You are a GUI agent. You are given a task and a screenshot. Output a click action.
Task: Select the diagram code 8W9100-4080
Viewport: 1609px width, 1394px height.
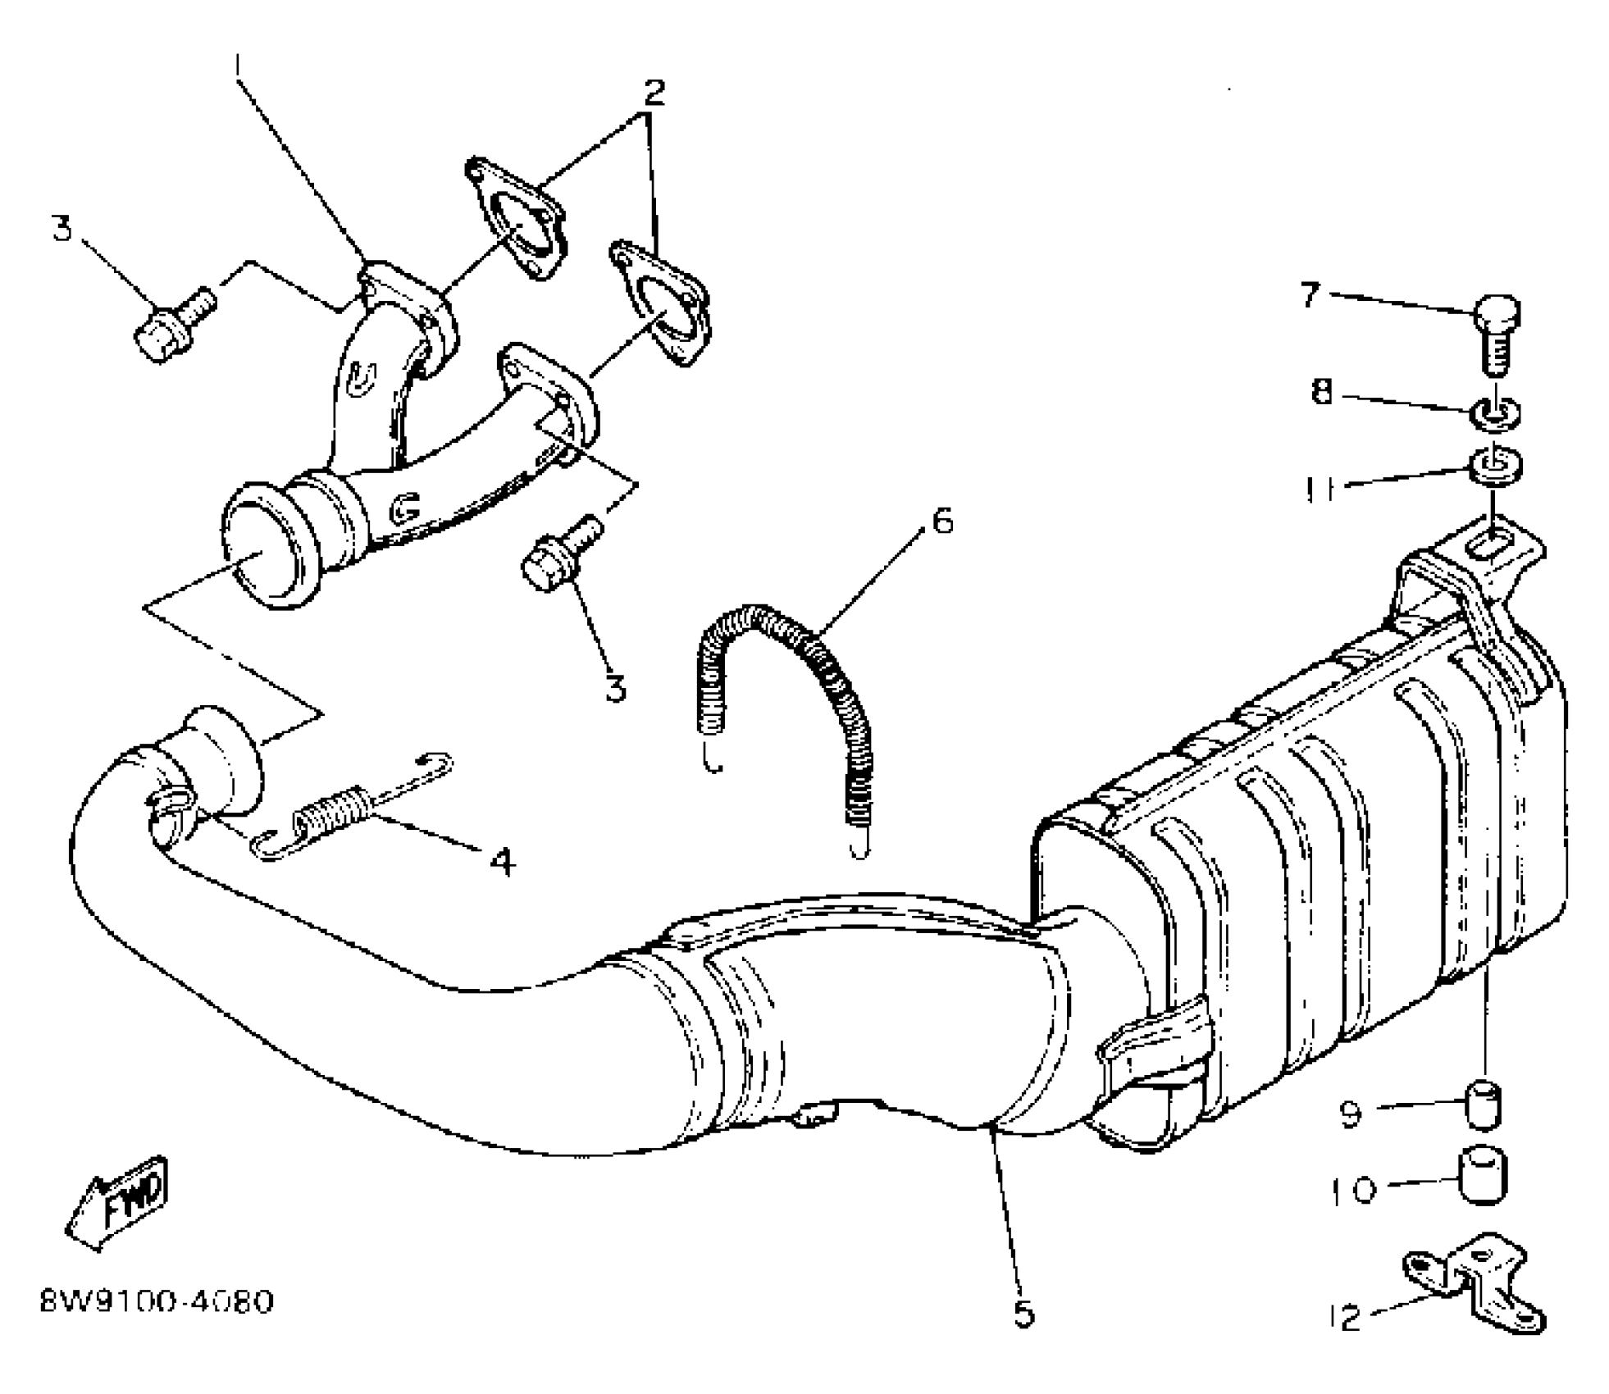tap(157, 1301)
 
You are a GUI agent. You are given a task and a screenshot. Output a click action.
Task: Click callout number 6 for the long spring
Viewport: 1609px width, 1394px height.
tap(943, 521)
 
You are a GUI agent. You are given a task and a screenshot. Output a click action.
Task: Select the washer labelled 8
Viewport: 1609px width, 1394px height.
tap(1497, 412)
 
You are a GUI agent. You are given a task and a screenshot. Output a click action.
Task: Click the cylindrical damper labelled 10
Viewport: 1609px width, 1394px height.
tap(1483, 1177)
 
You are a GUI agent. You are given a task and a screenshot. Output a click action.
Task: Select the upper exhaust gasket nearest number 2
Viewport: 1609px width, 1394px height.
tap(515, 218)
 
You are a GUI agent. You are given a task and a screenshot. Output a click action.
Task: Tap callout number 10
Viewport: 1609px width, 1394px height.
tap(1351, 1190)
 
